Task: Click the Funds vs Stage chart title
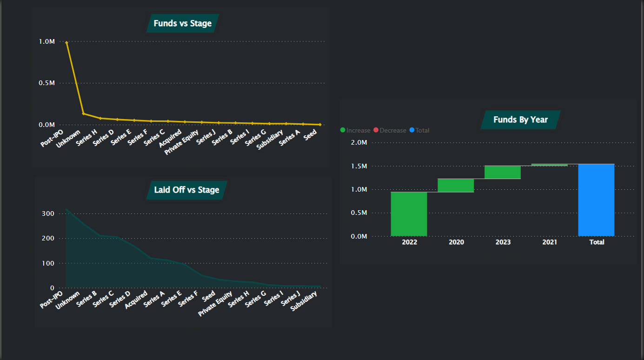click(x=182, y=23)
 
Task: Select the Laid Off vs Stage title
click(x=186, y=190)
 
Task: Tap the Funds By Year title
click(x=520, y=120)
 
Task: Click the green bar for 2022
click(x=409, y=214)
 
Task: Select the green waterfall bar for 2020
click(x=456, y=185)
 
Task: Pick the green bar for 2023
click(x=502, y=172)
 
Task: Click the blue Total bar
click(x=596, y=200)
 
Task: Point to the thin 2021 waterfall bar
click(x=549, y=165)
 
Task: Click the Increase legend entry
click(x=356, y=130)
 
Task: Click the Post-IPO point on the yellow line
click(x=66, y=42)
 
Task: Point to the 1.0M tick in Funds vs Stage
click(x=47, y=42)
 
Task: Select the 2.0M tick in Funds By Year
click(x=359, y=142)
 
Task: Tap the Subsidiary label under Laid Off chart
click(x=305, y=301)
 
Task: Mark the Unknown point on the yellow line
click(x=83, y=113)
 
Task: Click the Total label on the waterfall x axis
click(x=597, y=242)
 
